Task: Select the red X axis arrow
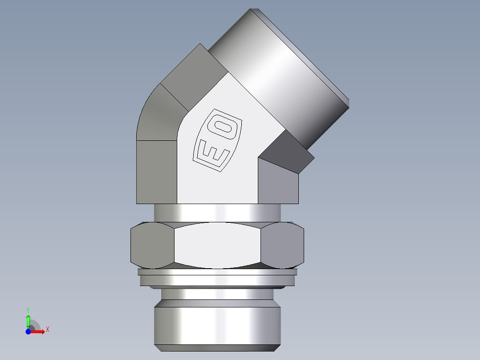[38, 331]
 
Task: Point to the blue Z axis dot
[28, 331]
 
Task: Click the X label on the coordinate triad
[47, 330]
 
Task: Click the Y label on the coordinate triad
[28, 309]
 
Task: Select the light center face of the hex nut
[217, 246]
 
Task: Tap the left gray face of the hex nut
[151, 246]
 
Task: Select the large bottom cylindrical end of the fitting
[217, 324]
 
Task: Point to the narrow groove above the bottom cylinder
[217, 294]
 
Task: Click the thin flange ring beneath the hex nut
[217, 280]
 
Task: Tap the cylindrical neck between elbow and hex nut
[217, 213]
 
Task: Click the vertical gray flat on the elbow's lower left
[156, 172]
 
